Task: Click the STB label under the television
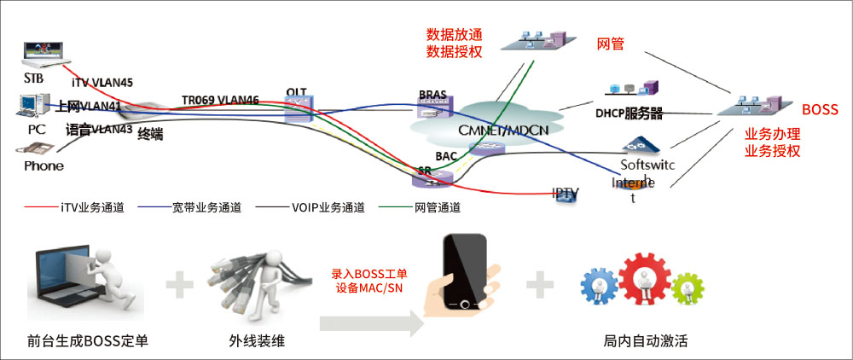[x=33, y=78]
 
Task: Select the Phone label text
[x=44, y=165]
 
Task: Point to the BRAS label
[x=432, y=94]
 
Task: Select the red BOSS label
[x=820, y=110]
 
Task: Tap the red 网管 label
[x=610, y=44]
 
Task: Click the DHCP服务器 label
[x=629, y=113]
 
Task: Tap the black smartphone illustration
[x=464, y=272]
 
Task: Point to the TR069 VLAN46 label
[x=220, y=100]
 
